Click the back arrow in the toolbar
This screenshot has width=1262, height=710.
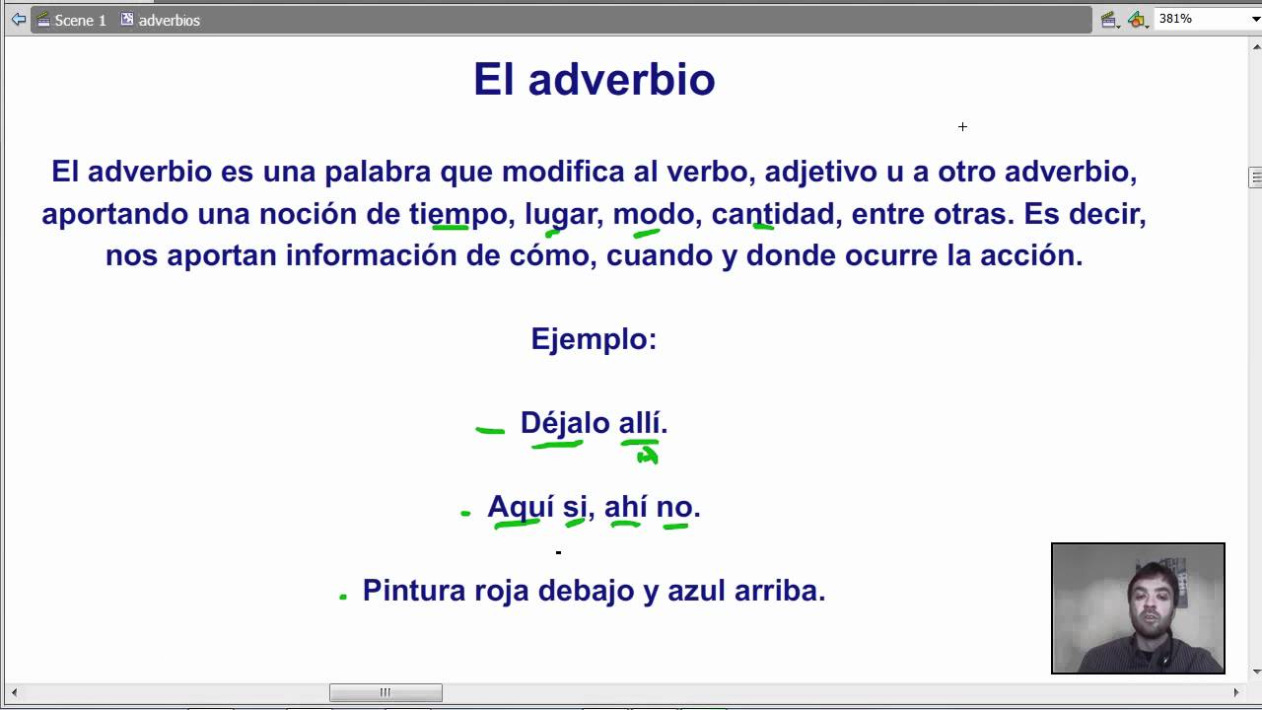(x=18, y=20)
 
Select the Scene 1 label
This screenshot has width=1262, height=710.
(x=80, y=21)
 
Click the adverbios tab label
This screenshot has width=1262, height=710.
(x=169, y=21)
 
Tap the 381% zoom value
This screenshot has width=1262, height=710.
(x=1175, y=19)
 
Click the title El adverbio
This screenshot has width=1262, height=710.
(x=595, y=80)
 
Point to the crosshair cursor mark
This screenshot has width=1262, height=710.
(x=962, y=127)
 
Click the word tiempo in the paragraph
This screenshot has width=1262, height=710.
(x=457, y=215)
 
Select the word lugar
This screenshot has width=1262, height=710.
(x=561, y=215)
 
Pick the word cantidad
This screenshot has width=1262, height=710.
(x=772, y=214)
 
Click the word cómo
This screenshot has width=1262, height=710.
(x=549, y=255)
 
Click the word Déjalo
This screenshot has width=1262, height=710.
(x=565, y=423)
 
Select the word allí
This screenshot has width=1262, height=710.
(x=640, y=422)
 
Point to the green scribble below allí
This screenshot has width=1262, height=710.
(x=648, y=455)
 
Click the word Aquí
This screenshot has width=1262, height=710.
(x=521, y=507)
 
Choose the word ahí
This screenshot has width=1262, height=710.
(x=625, y=506)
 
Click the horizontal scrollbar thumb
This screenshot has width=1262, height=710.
(x=386, y=692)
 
